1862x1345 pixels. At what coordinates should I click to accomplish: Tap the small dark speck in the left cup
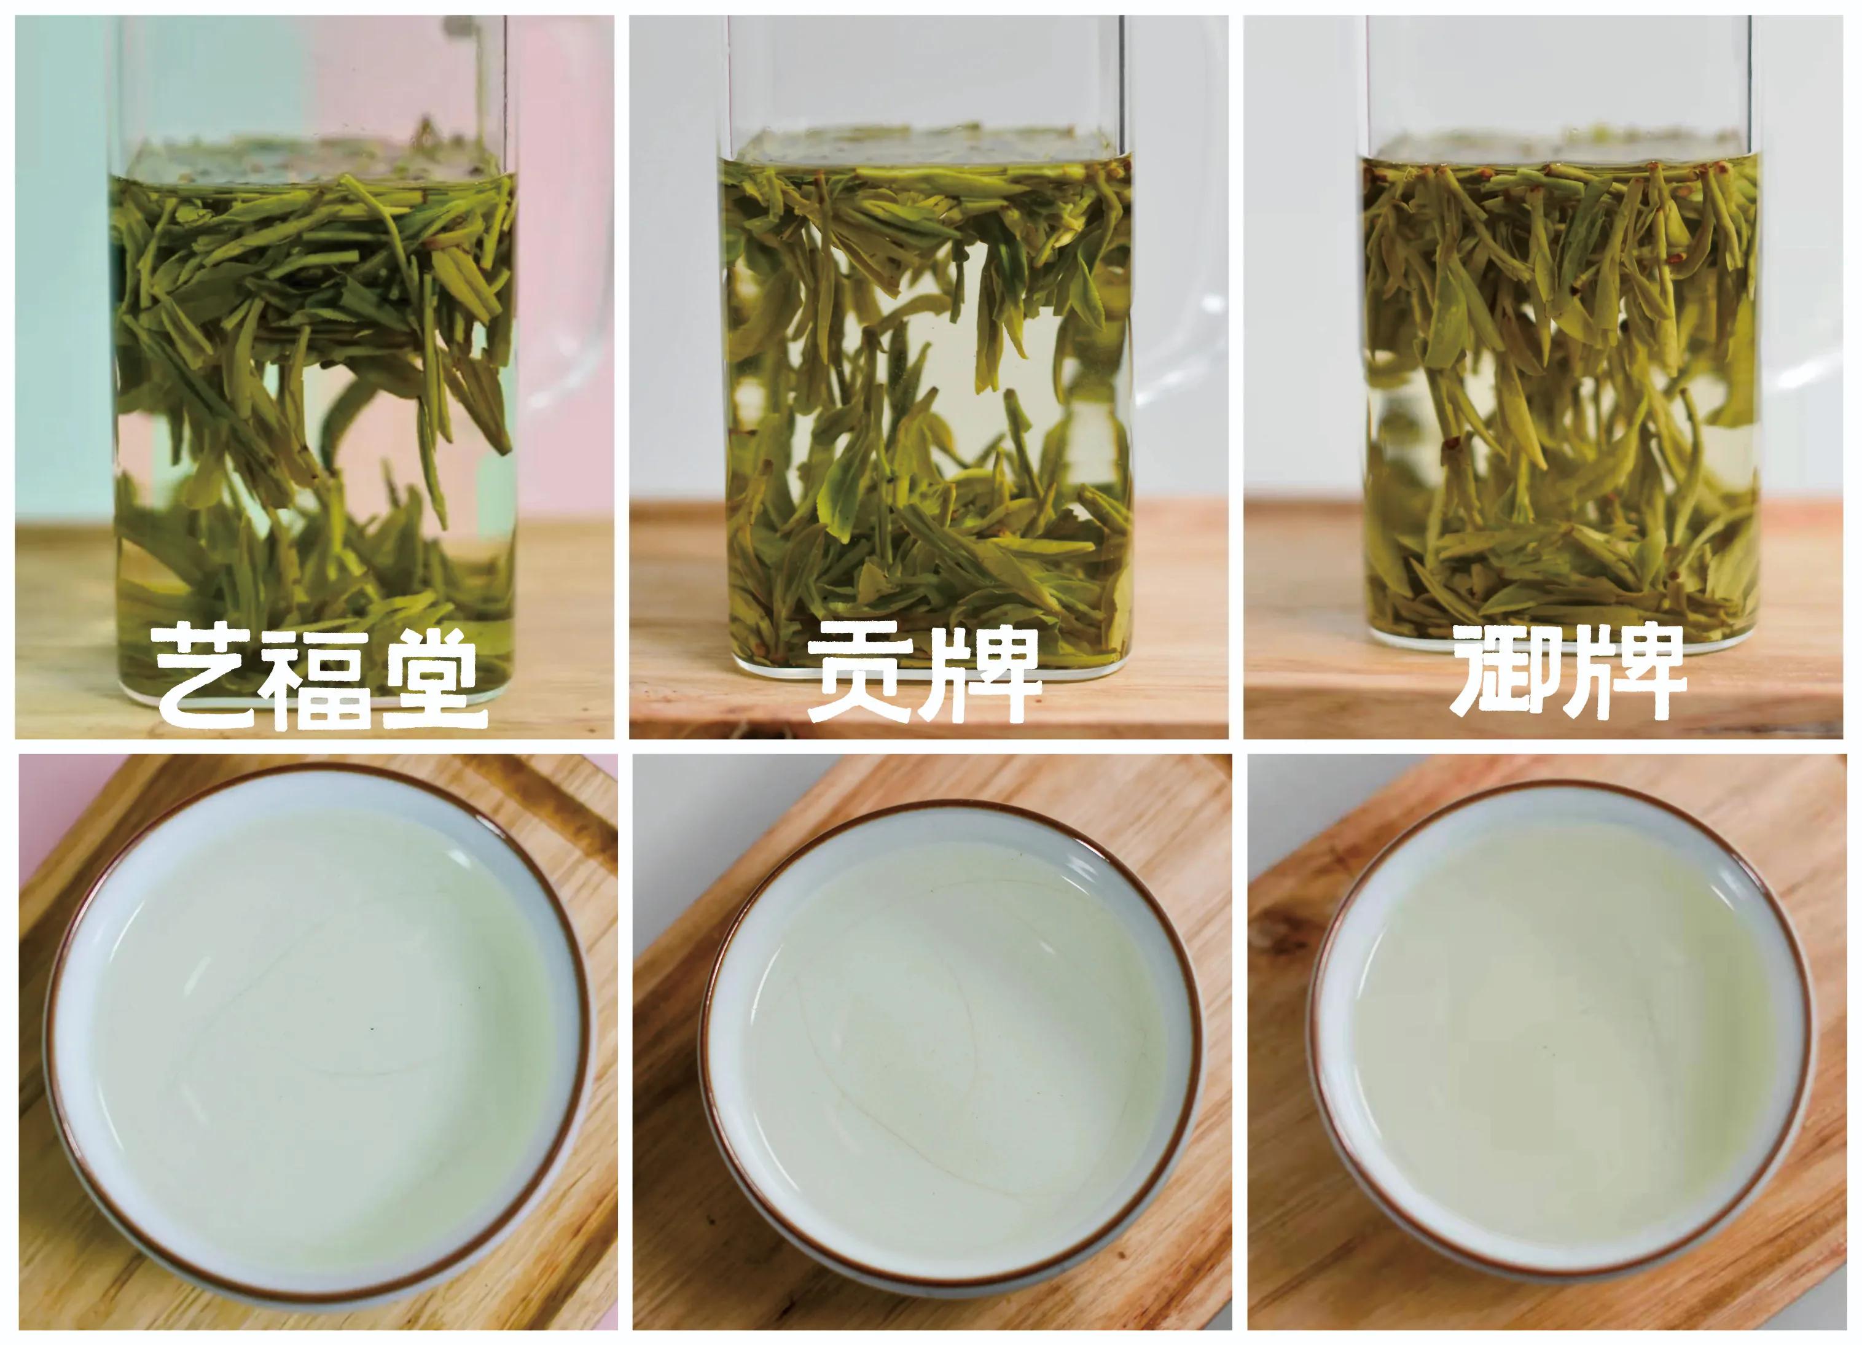tap(371, 1028)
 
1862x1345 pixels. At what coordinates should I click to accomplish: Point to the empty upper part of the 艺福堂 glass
tap(312, 74)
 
